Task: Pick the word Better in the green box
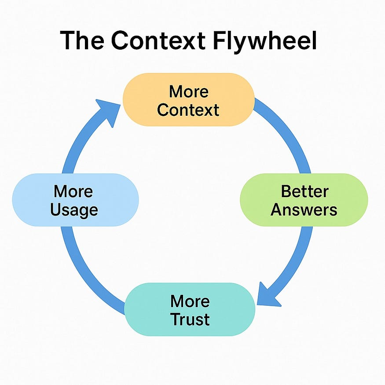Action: pos(304,191)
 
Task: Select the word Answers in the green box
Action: pos(304,209)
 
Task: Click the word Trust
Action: pos(190,319)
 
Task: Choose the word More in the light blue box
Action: pos(73,191)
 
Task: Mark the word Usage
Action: pos(73,209)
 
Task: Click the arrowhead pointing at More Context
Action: pos(110,110)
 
